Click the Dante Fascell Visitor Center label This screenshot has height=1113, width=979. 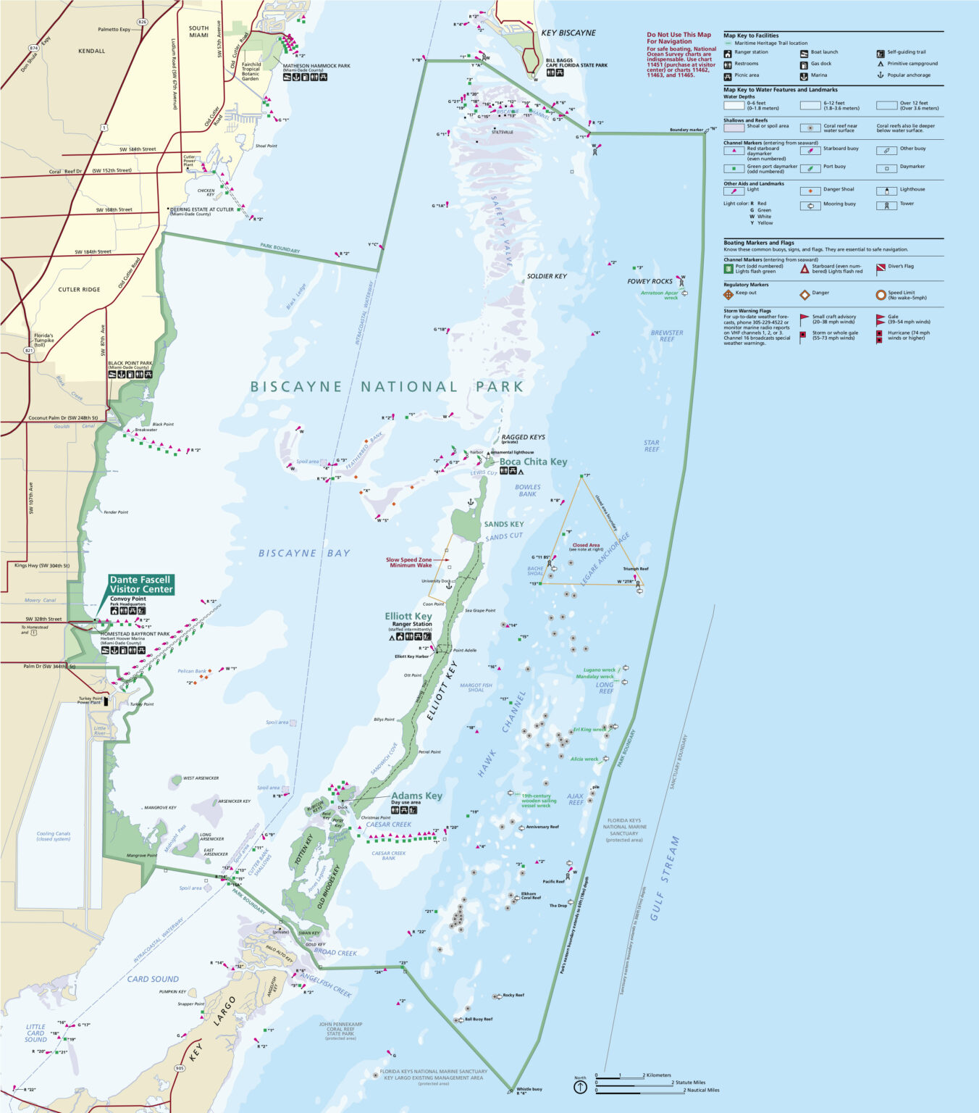[141, 584]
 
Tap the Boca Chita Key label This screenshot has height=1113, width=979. [533, 462]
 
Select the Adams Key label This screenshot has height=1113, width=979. [416, 796]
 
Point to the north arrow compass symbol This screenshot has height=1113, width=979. [580, 1088]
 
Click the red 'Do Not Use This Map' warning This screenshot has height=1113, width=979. [678, 38]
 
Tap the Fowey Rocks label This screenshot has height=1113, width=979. [650, 281]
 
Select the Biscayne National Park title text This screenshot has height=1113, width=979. [387, 387]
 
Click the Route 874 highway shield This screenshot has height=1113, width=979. [33, 48]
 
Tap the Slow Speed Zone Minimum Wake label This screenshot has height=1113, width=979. [408, 562]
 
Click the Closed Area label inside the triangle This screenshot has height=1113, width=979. [585, 545]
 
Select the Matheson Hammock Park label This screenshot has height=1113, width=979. [316, 66]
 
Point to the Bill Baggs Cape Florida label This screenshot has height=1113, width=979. [576, 63]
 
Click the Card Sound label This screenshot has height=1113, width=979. [153, 979]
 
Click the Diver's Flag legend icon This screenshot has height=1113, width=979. [881, 269]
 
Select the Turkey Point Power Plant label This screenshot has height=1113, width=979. [91, 701]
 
